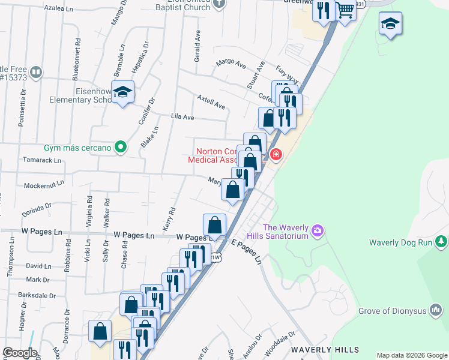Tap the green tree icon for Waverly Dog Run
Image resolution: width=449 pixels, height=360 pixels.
tap(442, 242)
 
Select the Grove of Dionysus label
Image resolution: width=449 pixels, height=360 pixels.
tap(400, 311)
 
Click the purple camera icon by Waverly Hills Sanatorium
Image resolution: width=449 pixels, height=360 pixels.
tap(318, 230)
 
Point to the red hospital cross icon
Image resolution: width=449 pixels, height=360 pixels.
tap(276, 155)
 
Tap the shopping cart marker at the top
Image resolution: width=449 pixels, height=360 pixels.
tap(345, 10)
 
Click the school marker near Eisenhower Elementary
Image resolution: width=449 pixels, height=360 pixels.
tap(123, 92)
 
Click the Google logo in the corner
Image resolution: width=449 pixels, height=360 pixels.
tap(19, 353)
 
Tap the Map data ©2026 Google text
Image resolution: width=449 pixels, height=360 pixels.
tap(411, 355)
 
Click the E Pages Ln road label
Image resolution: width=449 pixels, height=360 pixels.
tap(247, 251)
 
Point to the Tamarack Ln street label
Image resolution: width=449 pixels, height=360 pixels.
tap(41, 161)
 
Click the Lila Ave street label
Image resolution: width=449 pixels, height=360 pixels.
tap(182, 117)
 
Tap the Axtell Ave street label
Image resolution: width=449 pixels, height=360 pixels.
tap(211, 101)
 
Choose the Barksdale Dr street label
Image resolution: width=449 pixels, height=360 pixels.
tap(37, 296)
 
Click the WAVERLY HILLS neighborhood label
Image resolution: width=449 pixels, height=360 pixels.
tap(325, 350)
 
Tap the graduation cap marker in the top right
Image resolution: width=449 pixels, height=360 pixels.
tap(390, 24)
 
